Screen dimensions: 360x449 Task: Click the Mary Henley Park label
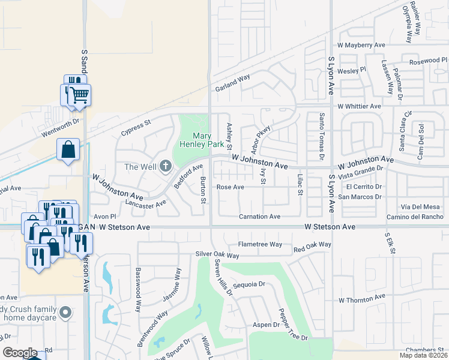click(x=208, y=140)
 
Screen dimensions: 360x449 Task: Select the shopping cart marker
click(x=79, y=95)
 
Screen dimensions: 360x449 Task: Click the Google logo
click(x=20, y=353)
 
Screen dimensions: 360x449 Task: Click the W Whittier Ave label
click(x=359, y=106)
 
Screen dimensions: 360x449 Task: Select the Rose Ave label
click(x=231, y=187)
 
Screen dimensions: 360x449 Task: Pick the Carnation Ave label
click(x=259, y=217)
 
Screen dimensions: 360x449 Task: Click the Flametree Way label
click(x=260, y=245)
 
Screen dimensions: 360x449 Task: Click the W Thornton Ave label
click(x=361, y=298)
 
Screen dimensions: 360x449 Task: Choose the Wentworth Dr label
click(x=59, y=122)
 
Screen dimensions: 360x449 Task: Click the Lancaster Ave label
click(x=144, y=204)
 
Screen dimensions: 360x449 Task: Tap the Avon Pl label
click(x=104, y=216)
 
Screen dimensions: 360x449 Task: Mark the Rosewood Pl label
click(x=429, y=61)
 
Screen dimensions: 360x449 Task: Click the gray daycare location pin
click(x=67, y=313)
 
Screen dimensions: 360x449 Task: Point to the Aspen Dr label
click(x=267, y=325)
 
